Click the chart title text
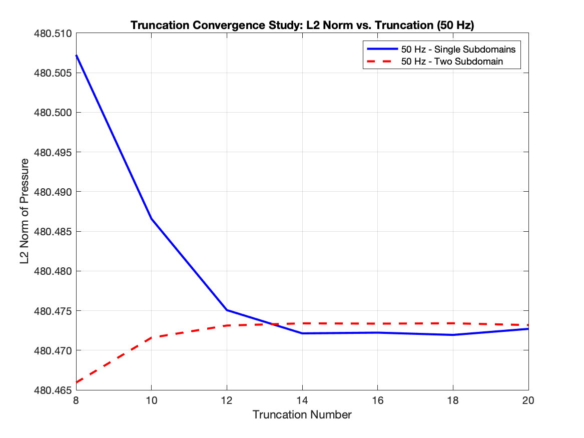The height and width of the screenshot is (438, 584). coord(302,25)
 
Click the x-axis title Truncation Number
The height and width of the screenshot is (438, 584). coord(302,414)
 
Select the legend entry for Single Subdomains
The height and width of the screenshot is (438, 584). coord(458,49)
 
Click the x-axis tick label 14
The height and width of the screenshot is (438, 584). coord(302,400)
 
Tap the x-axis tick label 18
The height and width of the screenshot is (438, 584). coord(453,400)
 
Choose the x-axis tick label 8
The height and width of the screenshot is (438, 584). coord(76,400)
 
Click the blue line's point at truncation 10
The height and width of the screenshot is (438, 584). coord(151,218)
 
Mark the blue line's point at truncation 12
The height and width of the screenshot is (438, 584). coord(227,310)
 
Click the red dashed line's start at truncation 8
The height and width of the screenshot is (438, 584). coord(76,382)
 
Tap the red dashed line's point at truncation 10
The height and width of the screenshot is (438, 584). coord(151,337)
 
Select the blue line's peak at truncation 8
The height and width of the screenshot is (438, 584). coord(76,55)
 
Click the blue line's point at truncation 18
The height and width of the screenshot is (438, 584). coord(453,335)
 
